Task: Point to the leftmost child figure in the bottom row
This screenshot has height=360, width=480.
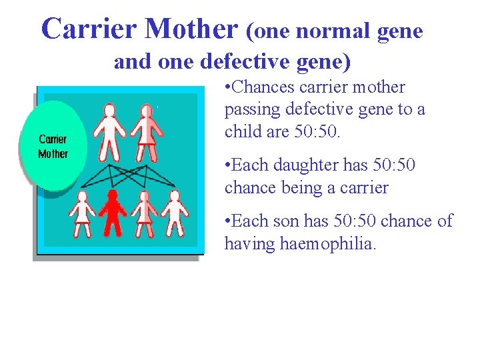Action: click(x=83, y=213)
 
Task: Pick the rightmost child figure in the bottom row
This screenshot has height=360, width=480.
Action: click(x=175, y=213)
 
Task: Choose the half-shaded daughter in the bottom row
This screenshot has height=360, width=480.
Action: click(x=143, y=213)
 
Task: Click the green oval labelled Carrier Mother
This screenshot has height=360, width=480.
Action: click(x=53, y=145)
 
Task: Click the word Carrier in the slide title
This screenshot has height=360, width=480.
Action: click(x=90, y=29)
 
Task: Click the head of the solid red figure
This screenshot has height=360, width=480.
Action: click(x=113, y=195)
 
